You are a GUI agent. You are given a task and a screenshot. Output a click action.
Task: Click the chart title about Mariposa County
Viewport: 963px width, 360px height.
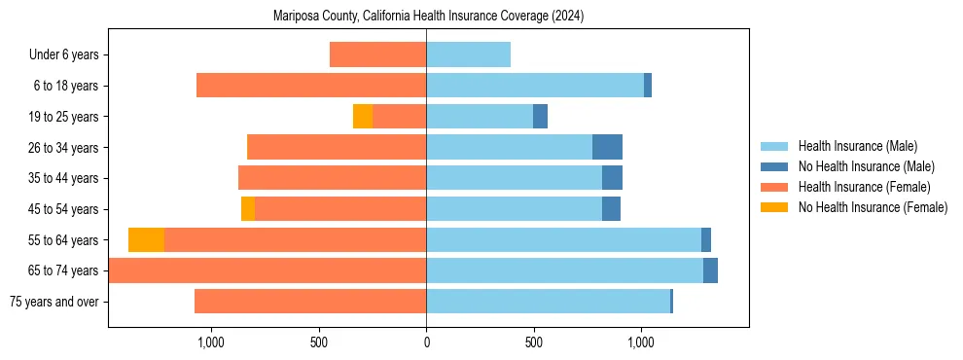click(x=428, y=16)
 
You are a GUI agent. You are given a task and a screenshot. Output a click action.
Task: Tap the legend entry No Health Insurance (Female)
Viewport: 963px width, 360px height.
click(x=873, y=207)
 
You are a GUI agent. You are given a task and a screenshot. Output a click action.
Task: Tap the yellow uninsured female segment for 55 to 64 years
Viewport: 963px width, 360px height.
click(x=146, y=240)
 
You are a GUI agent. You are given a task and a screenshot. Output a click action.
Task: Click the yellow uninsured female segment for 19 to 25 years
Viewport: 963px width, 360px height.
click(x=362, y=117)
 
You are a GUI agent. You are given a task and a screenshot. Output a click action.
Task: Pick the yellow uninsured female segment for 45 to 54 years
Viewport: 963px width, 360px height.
click(x=248, y=209)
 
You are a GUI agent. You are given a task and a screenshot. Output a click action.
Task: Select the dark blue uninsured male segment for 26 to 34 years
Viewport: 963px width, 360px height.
click(x=607, y=147)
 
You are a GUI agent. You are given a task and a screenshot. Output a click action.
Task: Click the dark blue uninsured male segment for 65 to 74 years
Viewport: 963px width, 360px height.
click(x=710, y=270)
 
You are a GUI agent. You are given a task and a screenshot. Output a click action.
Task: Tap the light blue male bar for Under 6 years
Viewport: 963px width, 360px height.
click(x=468, y=54)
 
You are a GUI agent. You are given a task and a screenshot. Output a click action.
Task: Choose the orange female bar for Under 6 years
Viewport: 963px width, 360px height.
click(x=377, y=54)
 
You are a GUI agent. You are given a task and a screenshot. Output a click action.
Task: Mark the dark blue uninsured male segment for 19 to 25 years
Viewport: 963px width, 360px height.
click(x=540, y=117)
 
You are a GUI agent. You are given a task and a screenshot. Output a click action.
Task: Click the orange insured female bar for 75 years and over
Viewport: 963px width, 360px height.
click(x=310, y=302)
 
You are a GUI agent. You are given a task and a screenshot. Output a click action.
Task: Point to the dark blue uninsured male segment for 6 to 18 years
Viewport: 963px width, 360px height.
click(x=648, y=86)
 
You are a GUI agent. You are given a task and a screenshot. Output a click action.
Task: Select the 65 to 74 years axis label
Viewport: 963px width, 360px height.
click(x=64, y=270)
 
